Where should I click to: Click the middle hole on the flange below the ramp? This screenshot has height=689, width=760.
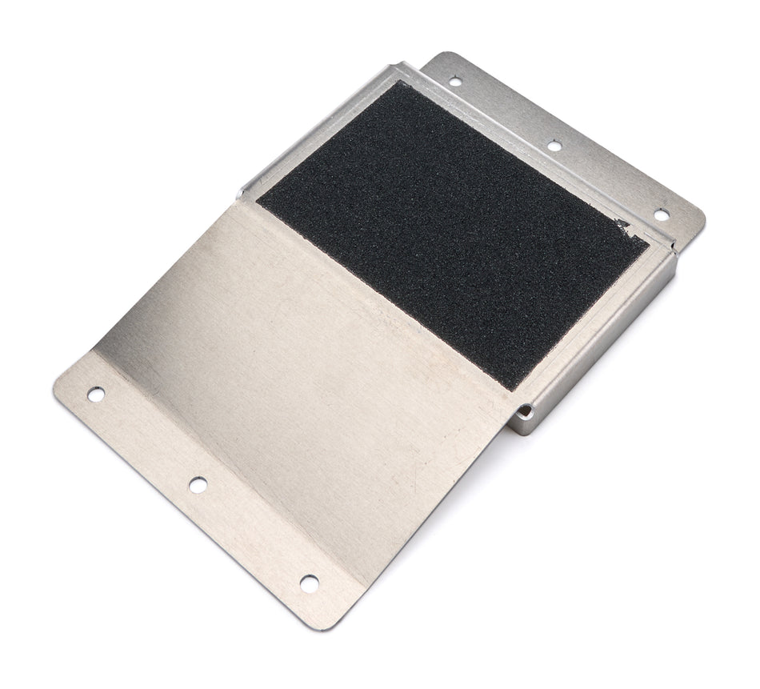197,484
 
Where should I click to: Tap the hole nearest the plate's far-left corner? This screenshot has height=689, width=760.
96,394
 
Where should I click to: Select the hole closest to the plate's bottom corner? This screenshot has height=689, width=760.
309,583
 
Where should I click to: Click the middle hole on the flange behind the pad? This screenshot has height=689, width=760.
554,146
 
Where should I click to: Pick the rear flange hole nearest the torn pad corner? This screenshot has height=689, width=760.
661,214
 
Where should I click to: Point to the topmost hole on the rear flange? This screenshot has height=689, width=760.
454,81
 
